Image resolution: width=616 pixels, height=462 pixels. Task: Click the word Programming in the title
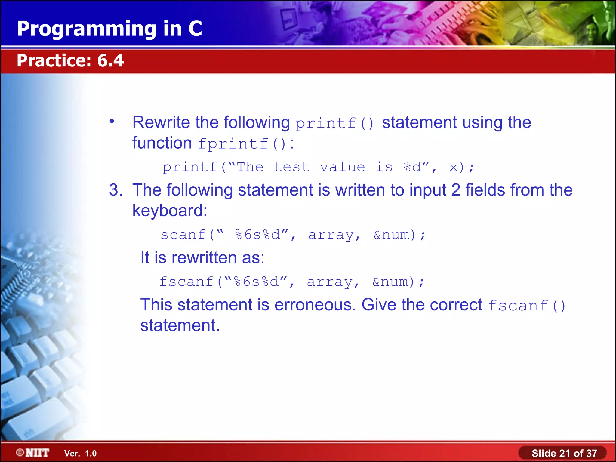tap(87, 29)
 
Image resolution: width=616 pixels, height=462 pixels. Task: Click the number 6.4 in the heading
tap(110, 60)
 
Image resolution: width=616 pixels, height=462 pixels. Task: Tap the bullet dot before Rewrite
tap(112, 122)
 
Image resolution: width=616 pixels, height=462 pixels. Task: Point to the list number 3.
tap(115, 190)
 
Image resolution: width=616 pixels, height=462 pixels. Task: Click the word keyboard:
tap(170, 211)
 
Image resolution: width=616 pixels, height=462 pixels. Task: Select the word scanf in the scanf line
tap(183, 235)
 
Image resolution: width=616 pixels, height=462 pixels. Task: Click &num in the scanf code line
tap(392, 235)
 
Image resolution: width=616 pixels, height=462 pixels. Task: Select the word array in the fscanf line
tap(329, 282)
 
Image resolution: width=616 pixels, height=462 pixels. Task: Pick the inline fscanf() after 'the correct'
tap(526, 306)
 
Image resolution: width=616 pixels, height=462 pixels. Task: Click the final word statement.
tap(180, 325)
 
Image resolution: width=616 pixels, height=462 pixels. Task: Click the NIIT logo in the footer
tap(33, 453)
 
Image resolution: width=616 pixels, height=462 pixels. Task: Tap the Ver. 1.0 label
tap(80, 453)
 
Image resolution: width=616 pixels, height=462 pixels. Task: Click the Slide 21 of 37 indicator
tap(564, 453)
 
